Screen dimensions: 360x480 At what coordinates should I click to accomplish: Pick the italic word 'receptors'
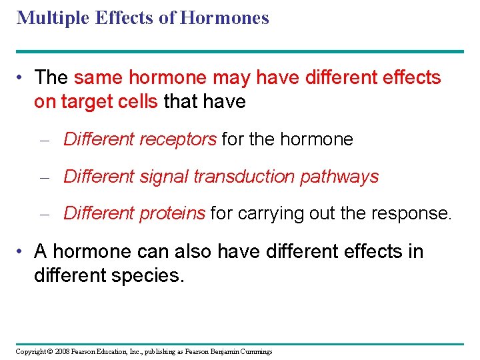pyautogui.click(x=178, y=140)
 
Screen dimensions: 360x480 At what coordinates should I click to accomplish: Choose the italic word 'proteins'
pyautogui.click(x=173, y=213)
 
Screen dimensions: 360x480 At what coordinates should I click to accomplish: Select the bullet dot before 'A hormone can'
pyautogui.click(x=22, y=252)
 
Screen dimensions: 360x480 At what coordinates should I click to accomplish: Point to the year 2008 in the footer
pyautogui.click(x=61, y=351)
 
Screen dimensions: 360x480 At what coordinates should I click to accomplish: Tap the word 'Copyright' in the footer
pyautogui.click(x=31, y=351)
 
